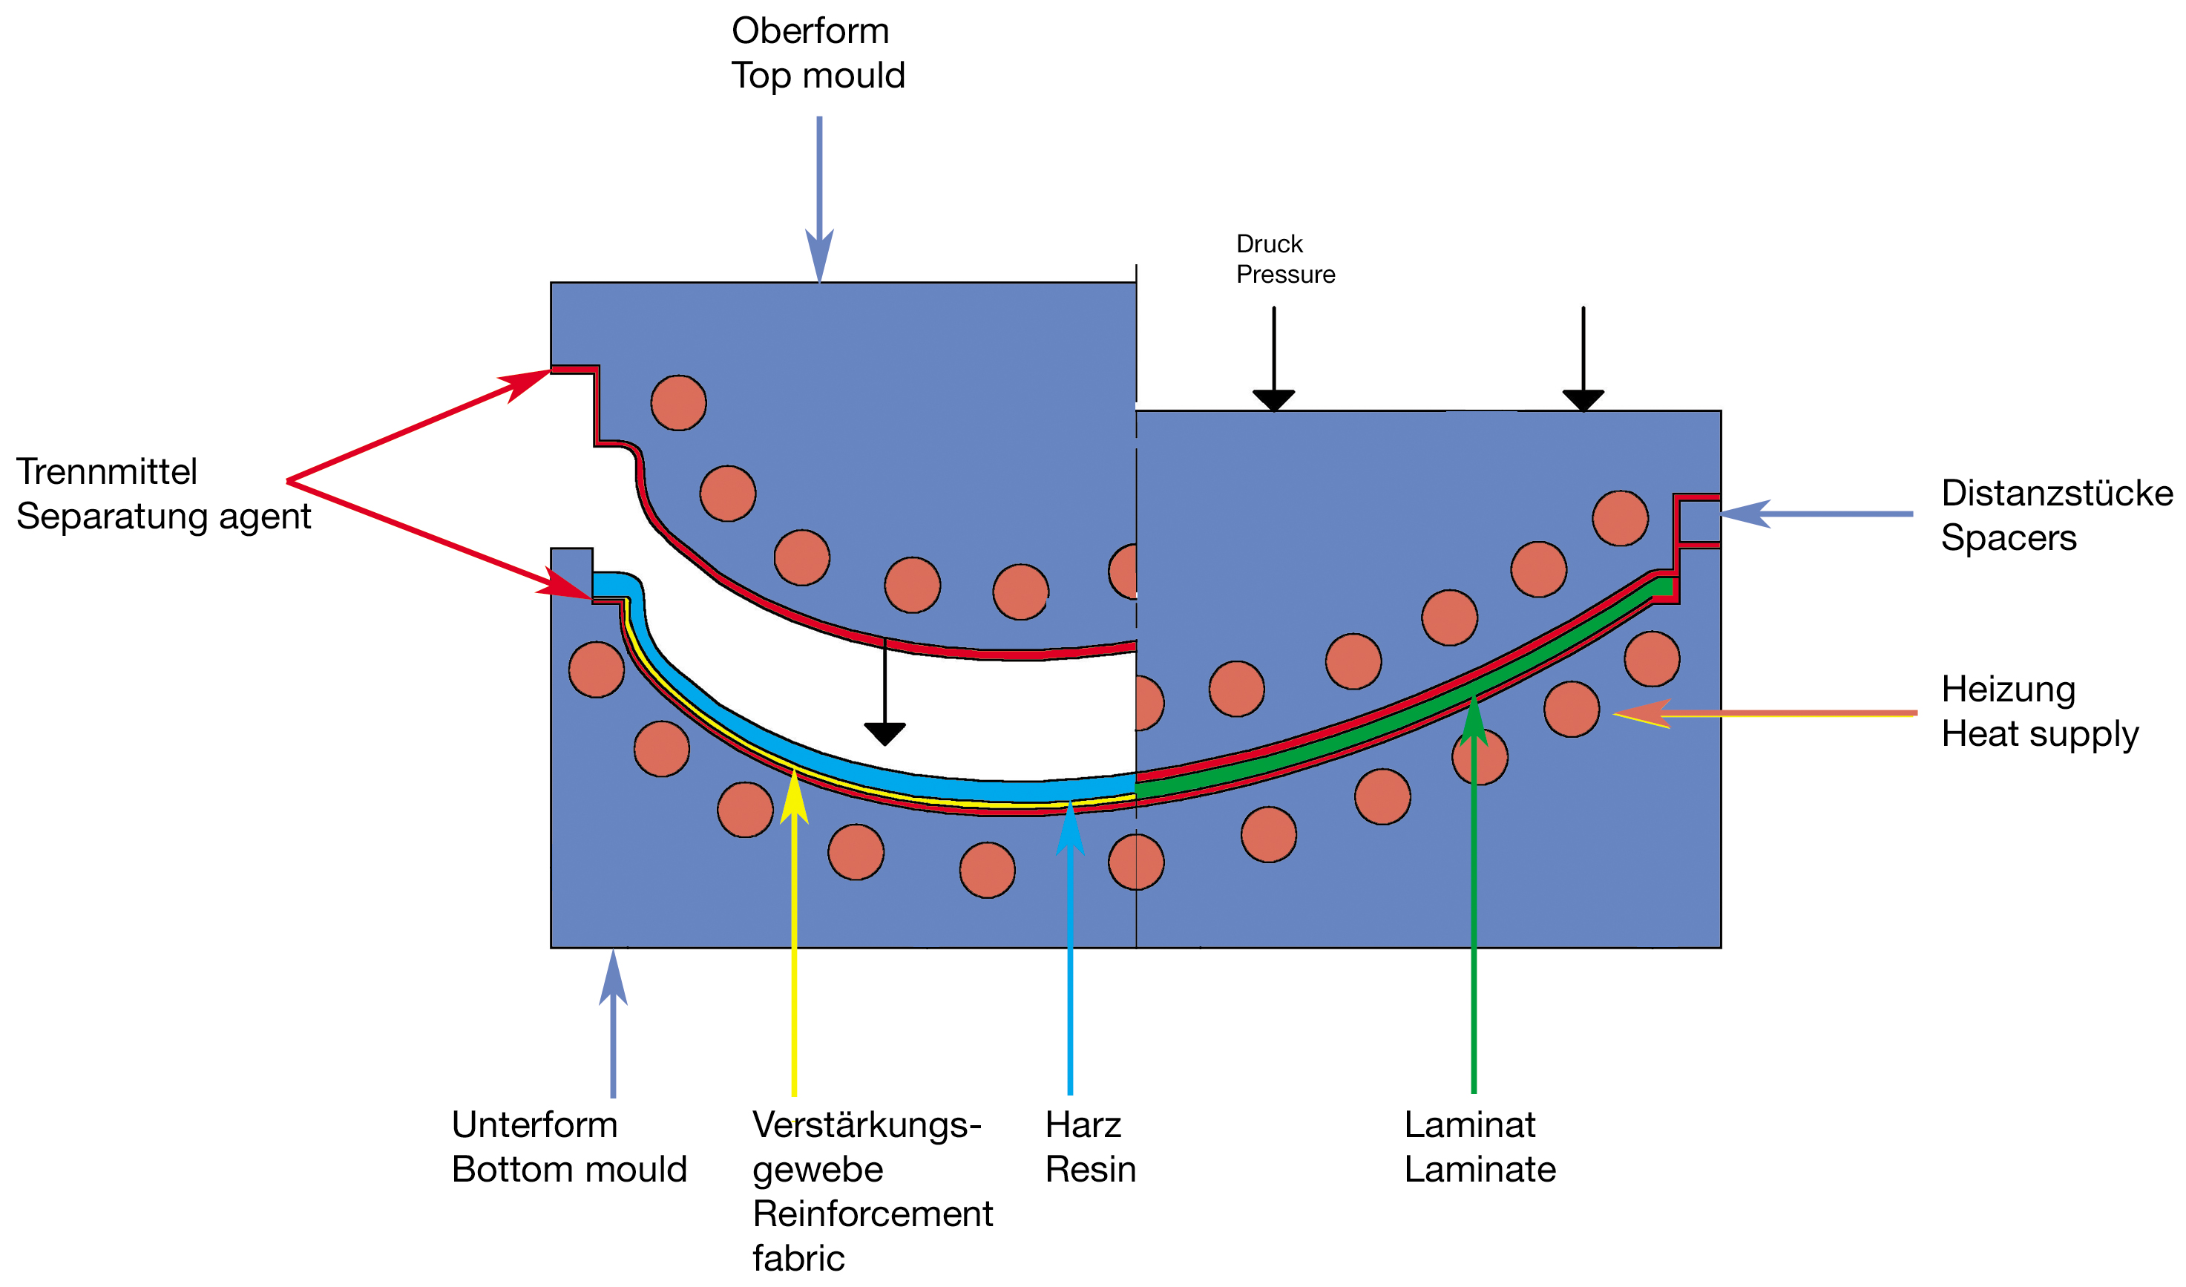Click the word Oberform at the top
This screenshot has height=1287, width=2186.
pyautogui.click(x=810, y=31)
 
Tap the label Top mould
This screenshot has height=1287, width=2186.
pyautogui.click(x=818, y=76)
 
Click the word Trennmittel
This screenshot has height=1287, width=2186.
pyautogui.click(x=107, y=472)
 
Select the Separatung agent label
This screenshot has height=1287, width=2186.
pyautogui.click(x=163, y=517)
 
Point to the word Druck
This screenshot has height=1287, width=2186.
pyautogui.click(x=1269, y=244)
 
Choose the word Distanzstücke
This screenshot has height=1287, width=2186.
pyautogui.click(x=2057, y=493)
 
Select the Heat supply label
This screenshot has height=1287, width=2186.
pyautogui.click(x=2039, y=734)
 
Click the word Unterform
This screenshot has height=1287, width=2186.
pyautogui.click(x=534, y=1124)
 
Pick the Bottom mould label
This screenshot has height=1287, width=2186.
pyautogui.click(x=569, y=1170)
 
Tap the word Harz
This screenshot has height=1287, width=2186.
pyautogui.click(x=1083, y=1124)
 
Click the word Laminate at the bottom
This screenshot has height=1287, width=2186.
pyautogui.click(x=1480, y=1170)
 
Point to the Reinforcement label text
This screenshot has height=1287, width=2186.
pyautogui.click(x=873, y=1214)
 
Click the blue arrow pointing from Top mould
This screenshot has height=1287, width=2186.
pyautogui.click(x=819, y=200)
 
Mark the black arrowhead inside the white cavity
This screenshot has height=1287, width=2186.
pyautogui.click(x=884, y=734)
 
